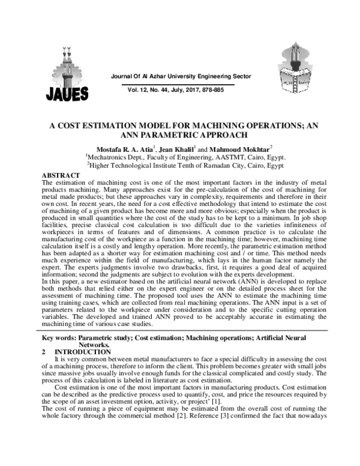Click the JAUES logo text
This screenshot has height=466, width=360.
coord(66,93)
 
